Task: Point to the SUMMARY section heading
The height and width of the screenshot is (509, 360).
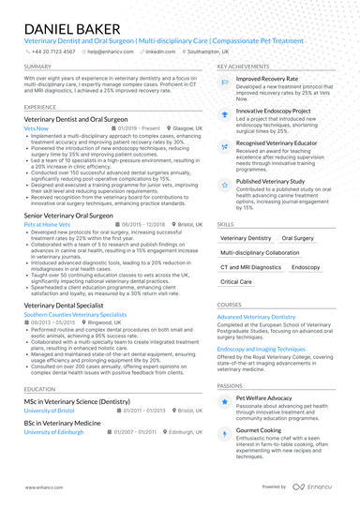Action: pos(38,67)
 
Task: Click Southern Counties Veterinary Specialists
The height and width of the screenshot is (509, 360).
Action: pos(74,315)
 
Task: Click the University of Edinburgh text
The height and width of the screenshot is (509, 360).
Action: pos(55,432)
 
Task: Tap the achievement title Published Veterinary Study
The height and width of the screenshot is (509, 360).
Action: pos(270,181)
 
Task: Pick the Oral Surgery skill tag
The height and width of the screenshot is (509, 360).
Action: pos(299,239)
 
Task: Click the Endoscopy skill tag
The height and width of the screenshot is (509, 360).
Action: pos(306,267)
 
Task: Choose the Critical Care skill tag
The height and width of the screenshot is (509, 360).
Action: pos(236,281)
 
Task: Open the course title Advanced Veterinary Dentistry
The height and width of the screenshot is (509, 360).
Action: pos(256,318)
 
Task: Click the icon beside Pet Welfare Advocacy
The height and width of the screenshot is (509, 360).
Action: pos(224,401)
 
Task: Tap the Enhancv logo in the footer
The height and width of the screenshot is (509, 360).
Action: pos(309,487)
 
